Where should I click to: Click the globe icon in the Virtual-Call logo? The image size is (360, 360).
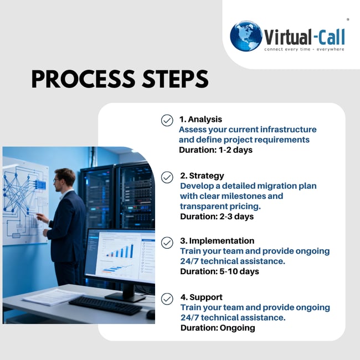pos(246,37)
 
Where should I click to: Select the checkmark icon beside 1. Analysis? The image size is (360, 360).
pos(167,120)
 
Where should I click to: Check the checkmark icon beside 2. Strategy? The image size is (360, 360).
pos(167,177)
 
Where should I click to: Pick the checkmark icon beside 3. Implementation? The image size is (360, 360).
pos(167,242)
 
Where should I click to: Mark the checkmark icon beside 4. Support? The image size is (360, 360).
pos(167,299)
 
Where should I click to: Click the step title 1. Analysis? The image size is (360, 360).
pos(200,119)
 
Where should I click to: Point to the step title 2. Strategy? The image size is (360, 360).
pos(202,176)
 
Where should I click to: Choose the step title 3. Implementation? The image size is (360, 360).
pos(217,241)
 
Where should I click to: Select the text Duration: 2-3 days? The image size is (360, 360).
pos(217,216)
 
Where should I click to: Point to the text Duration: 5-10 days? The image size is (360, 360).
pos(220,271)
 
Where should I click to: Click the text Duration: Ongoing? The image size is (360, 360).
pos(218,327)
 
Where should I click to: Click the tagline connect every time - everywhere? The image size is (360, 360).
pos(304,49)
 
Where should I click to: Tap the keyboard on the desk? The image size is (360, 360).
pos(105,305)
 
